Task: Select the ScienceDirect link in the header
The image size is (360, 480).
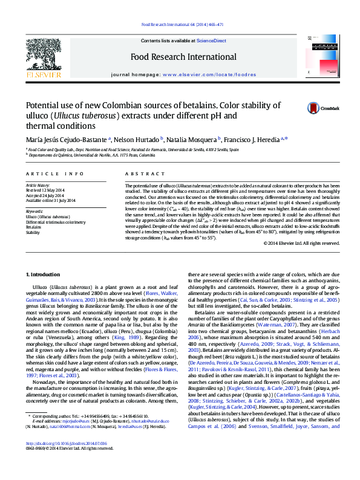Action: point(211,41)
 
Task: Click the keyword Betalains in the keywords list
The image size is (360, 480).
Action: point(34,227)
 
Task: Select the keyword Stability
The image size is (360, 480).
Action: point(33,232)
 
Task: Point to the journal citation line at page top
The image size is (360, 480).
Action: point(182,25)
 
